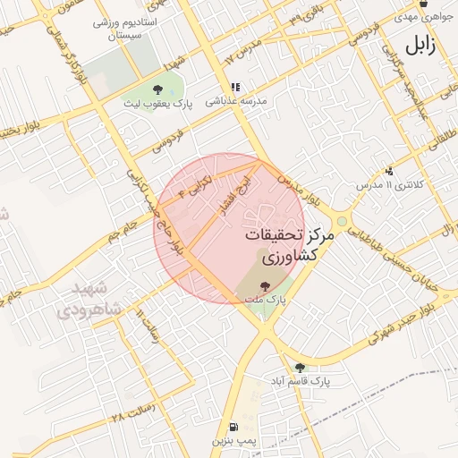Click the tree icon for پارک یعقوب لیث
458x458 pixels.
pyautogui.click(x=158, y=89)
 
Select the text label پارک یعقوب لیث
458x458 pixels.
pyautogui.click(x=159, y=105)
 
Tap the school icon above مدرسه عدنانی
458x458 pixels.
pyautogui.click(x=236, y=88)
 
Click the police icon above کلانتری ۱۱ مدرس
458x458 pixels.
pyautogui.click(x=388, y=171)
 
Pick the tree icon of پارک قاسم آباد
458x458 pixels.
pyautogui.click(x=300, y=367)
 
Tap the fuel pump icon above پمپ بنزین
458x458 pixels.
pyautogui.click(x=233, y=428)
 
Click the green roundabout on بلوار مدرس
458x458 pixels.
pyautogui.click(x=341, y=221)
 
